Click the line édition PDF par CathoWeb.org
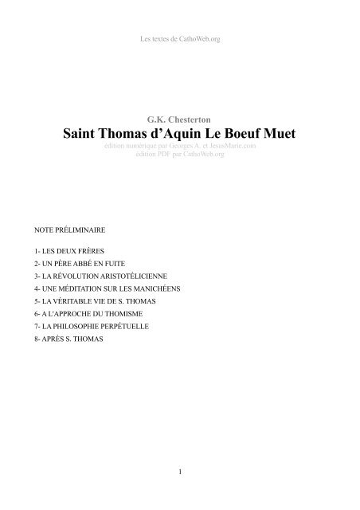180,155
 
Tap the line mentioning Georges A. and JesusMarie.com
180,147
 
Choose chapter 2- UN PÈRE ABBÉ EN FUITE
68,262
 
